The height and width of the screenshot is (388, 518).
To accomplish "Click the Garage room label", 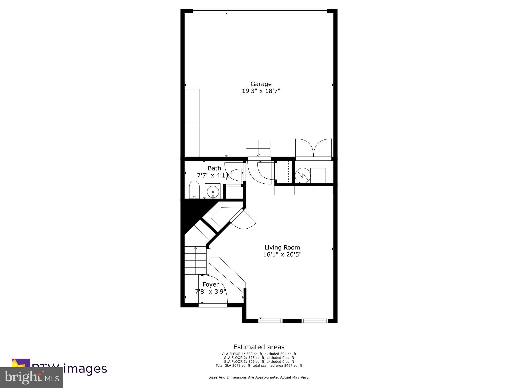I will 261,84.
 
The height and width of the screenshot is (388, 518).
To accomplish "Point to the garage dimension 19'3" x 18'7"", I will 261,91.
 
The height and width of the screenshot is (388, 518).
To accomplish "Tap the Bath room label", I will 214,168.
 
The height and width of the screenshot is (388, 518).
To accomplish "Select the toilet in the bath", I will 194,189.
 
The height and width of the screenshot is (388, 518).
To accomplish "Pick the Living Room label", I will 282,248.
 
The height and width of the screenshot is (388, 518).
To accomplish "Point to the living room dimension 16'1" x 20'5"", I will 282,254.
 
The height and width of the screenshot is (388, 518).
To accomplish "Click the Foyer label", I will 210,285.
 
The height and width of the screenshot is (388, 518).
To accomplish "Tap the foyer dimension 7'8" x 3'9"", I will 210,292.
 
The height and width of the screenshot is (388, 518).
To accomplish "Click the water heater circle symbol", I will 303,176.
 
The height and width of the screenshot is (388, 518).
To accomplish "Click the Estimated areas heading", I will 259,347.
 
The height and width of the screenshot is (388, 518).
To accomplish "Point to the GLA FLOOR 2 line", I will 259,358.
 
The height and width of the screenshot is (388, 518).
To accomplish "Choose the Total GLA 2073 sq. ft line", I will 259,366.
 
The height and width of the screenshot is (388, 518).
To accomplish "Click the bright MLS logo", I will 32,377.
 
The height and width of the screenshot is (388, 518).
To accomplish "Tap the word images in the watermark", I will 85,369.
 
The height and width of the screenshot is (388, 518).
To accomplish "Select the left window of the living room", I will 270,321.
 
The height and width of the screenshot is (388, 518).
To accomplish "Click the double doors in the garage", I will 313,148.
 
